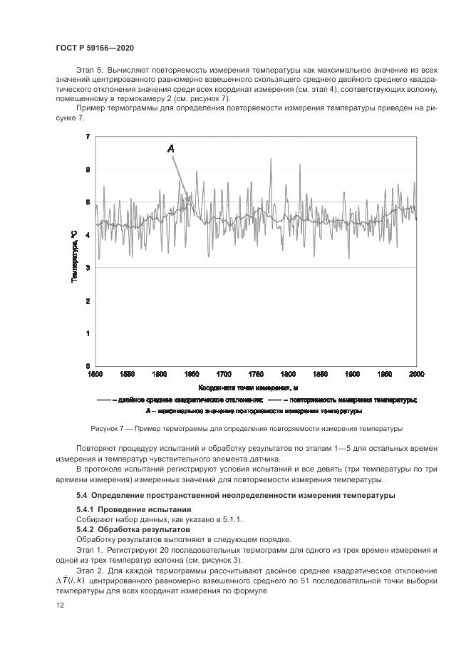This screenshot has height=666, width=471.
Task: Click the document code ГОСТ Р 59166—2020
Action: point(95,48)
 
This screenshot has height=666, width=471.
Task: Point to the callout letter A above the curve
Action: point(171,148)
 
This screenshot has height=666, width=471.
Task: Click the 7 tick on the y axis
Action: point(88,136)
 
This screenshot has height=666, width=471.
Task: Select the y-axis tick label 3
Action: point(88,268)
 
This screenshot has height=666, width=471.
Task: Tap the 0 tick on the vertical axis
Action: point(88,366)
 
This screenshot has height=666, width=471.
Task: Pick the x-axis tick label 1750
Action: point(256,374)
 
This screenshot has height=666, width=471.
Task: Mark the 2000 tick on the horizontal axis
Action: point(417,374)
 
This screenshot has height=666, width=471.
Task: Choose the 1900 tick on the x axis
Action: point(353,374)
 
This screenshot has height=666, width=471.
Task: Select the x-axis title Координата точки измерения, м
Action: point(248,387)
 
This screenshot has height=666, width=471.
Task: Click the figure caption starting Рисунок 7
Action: point(247,429)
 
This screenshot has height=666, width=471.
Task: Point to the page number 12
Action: point(59,605)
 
